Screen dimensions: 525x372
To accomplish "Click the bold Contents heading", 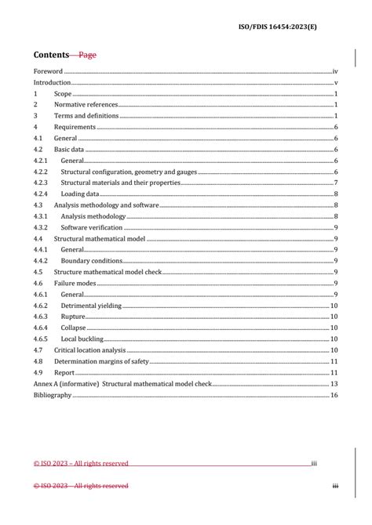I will click(x=51, y=55).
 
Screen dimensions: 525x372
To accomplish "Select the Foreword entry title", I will click(x=48, y=71).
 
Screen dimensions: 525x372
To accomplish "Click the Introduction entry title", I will click(x=52, y=82).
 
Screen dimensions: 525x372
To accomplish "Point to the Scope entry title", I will click(x=63, y=93).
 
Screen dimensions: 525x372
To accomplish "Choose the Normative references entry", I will click(x=86, y=104).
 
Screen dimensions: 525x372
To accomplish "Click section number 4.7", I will click(x=38, y=350).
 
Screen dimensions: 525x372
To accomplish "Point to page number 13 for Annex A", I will click(x=334, y=384).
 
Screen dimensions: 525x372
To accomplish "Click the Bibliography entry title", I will click(x=53, y=395).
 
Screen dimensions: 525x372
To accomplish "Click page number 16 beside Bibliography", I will click(x=334, y=395).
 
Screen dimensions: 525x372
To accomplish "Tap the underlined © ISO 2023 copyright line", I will click(x=81, y=463).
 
